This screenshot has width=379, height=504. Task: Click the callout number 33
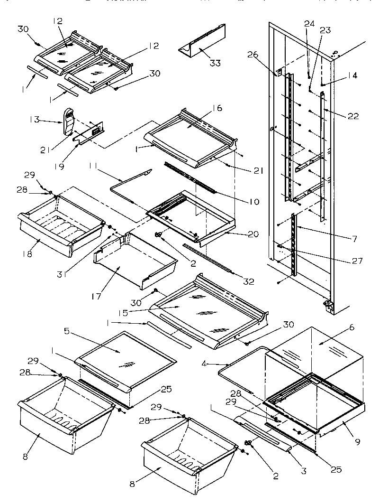216,63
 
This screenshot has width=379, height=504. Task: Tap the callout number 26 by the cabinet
253,55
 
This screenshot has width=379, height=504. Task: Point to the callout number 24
309,23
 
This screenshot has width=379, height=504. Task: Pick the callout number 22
353,116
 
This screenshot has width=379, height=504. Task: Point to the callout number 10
253,202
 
